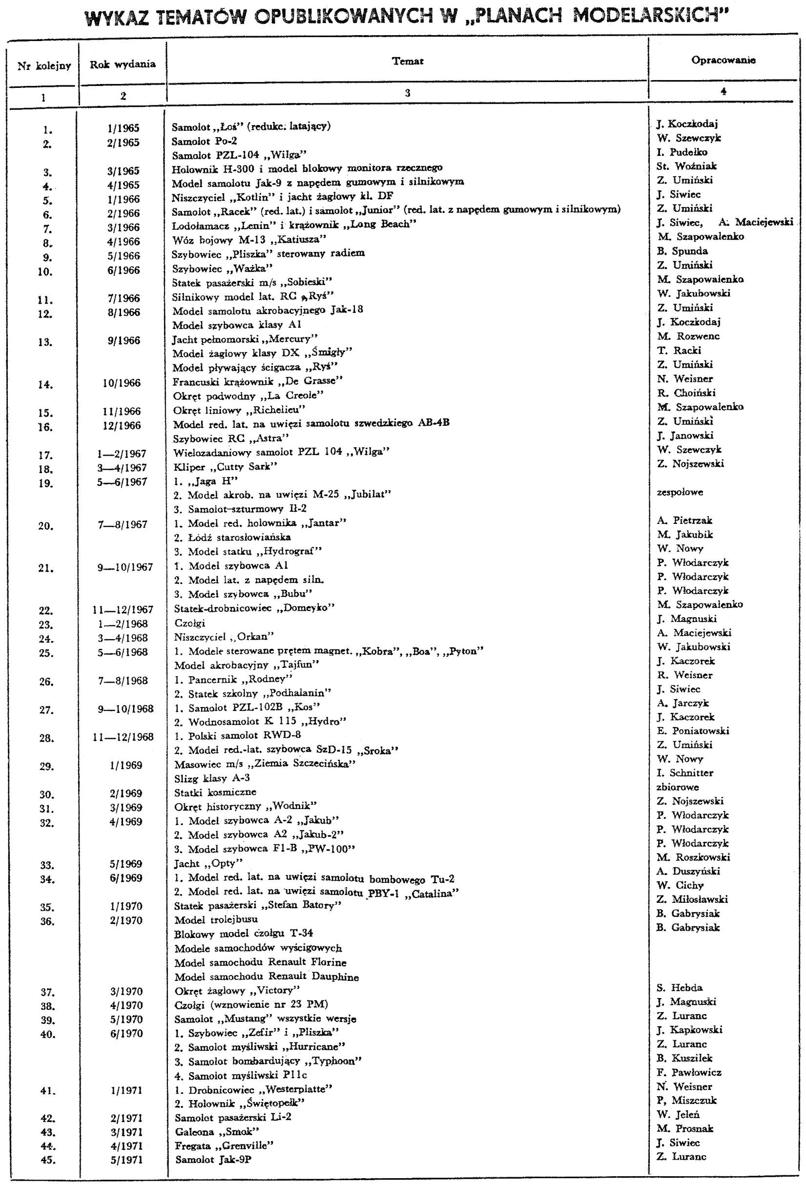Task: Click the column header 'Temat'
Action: click(x=408, y=61)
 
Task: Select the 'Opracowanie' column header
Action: click(x=723, y=60)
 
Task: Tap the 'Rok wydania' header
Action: click(x=123, y=64)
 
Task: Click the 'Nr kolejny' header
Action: click(x=44, y=65)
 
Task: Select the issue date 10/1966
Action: click(x=122, y=383)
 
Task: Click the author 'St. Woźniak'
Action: click(x=686, y=166)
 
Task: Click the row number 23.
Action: click(x=46, y=624)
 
